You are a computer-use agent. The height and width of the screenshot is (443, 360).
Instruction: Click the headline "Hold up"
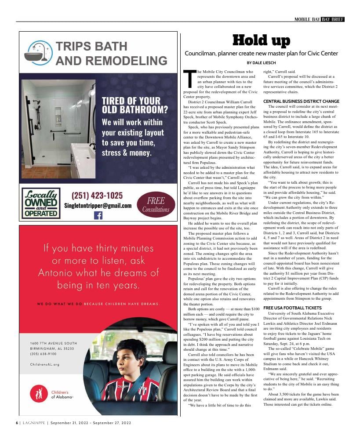coord(261,41)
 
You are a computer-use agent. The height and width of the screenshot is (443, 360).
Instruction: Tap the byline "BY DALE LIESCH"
coord(261,63)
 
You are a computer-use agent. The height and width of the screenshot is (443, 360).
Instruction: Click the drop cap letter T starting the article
coord(189,79)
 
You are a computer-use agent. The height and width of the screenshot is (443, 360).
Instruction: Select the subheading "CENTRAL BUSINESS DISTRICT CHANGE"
coord(301,102)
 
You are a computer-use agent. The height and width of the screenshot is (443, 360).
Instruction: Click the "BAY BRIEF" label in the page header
coord(332,19)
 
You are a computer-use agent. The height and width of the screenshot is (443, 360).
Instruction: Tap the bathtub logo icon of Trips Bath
coord(40,53)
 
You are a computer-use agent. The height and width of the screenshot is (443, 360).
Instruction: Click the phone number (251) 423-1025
coord(97,196)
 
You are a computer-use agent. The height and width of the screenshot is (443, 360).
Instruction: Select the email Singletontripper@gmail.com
coord(98,205)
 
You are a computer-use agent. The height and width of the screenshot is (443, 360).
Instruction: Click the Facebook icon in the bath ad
coord(98,215)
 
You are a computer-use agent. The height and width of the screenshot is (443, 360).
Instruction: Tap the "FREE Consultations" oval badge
coord(156,205)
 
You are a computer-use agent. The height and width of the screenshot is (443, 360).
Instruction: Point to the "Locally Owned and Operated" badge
coord(41,203)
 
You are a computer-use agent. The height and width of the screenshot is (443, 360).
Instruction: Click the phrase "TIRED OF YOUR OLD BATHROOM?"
coord(135,105)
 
